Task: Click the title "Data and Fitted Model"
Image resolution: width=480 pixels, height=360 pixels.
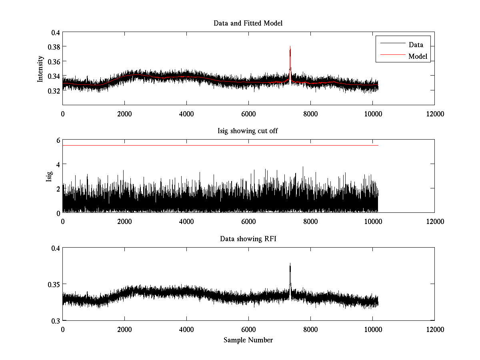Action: pyautogui.click(x=248, y=23)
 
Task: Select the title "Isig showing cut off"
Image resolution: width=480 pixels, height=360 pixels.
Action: pyautogui.click(x=248, y=131)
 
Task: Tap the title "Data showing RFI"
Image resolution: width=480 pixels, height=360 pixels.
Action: pyautogui.click(x=248, y=239)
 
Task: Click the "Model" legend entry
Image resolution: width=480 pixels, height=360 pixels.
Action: pyautogui.click(x=418, y=56)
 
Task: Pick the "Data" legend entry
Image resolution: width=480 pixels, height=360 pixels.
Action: pyautogui.click(x=416, y=45)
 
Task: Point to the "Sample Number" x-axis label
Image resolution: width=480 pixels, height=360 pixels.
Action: pyautogui.click(x=248, y=340)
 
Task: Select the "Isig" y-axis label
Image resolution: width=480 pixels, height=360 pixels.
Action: pyautogui.click(x=49, y=176)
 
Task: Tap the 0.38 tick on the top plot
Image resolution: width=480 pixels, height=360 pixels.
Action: pyautogui.click(x=54, y=47)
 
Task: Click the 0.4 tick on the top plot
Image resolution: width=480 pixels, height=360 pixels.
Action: pyautogui.click(x=56, y=32)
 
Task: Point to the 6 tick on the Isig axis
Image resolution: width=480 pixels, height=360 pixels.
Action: pyautogui.click(x=58, y=140)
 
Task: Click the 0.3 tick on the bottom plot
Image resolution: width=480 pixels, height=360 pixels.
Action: pyautogui.click(x=56, y=321)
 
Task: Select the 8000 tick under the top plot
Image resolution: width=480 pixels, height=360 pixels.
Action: pyautogui.click(x=310, y=114)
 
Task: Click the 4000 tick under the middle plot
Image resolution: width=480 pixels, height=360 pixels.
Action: pyautogui.click(x=186, y=222)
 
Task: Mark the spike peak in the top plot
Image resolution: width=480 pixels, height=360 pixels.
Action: pyautogui.click(x=290, y=46)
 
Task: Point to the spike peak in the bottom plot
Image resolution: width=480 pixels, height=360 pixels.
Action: pyautogui.click(x=290, y=264)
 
